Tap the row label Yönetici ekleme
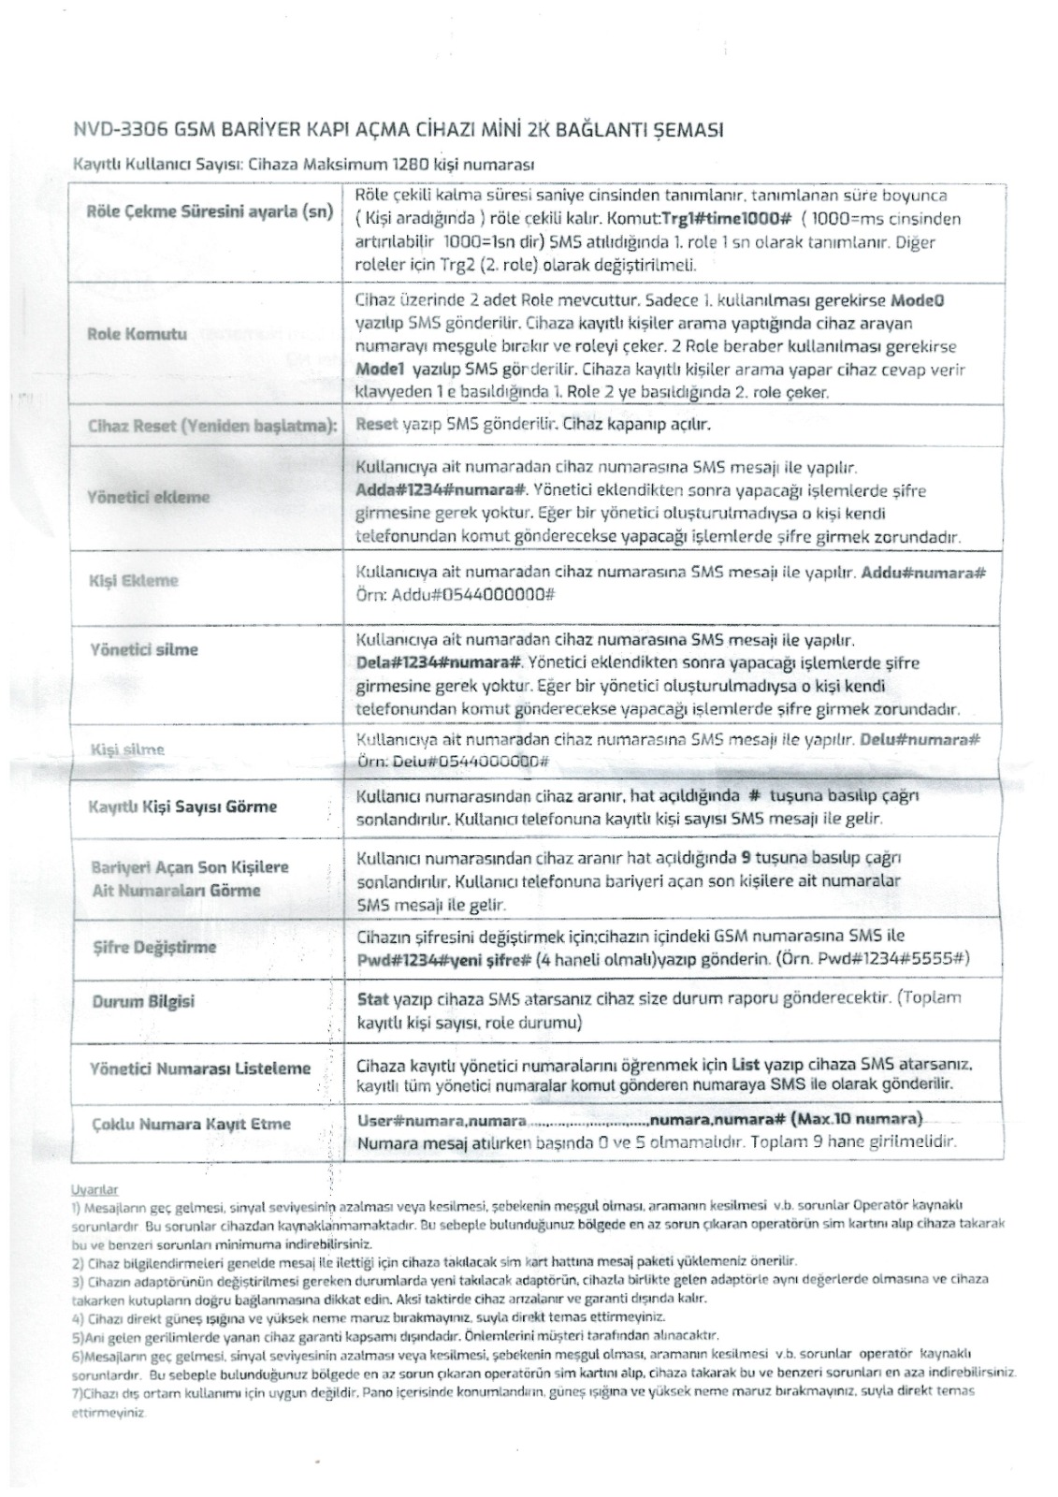[149, 498]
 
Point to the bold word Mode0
[918, 302]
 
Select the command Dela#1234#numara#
[440, 663]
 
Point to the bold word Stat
[373, 998]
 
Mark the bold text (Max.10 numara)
[856, 1120]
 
